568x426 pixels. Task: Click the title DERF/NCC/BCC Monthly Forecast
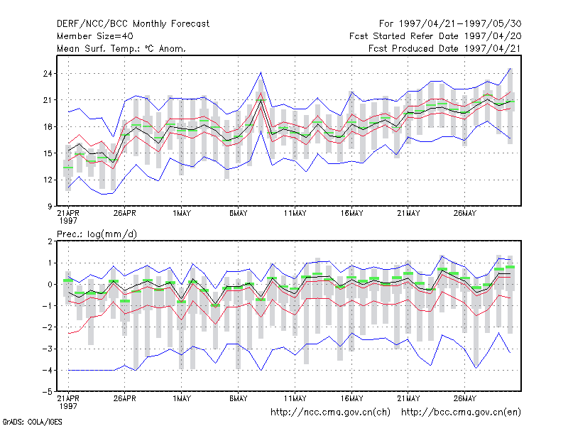pyautogui.click(x=133, y=24)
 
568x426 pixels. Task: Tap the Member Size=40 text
pyautogui.click(x=95, y=36)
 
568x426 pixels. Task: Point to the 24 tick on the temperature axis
pyautogui.click(x=48, y=74)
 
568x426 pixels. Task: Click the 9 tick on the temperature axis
pyautogui.click(x=50, y=207)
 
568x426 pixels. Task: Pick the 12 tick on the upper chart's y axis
pyautogui.click(x=48, y=180)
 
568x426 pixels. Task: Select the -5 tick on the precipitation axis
pyautogui.click(x=48, y=392)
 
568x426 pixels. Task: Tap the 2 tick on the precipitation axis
pyautogui.click(x=50, y=241)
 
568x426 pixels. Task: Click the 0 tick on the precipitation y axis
pyautogui.click(x=50, y=285)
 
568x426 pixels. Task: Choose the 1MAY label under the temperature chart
pyautogui.click(x=182, y=213)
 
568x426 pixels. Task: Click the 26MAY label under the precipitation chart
pyautogui.click(x=465, y=398)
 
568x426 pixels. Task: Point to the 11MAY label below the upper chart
pyautogui.click(x=295, y=213)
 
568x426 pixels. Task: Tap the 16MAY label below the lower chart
pyautogui.click(x=351, y=398)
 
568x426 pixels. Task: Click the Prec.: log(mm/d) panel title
pyautogui.click(x=97, y=234)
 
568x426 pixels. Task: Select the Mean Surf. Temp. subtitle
pyautogui.click(x=121, y=48)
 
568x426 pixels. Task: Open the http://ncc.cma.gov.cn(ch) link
pyautogui.click(x=330, y=413)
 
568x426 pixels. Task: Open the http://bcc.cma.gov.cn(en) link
pyautogui.click(x=461, y=413)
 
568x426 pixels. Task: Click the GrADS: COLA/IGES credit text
pyautogui.click(x=32, y=422)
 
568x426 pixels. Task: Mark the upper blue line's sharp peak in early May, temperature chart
pyautogui.click(x=261, y=72)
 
